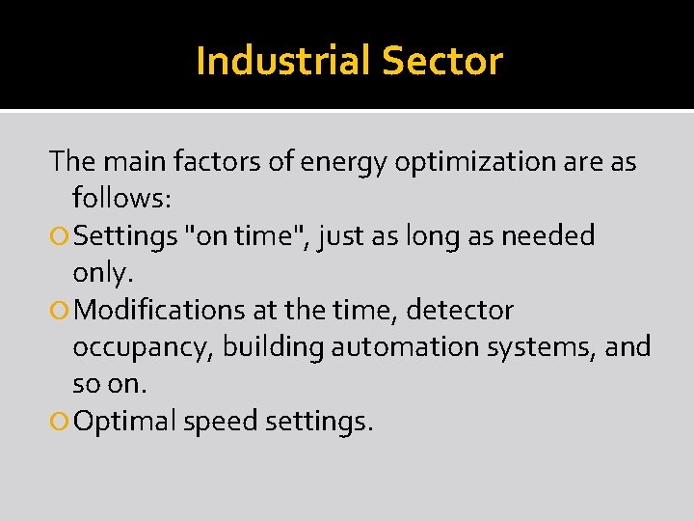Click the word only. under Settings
tap(102, 273)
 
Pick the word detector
tap(461, 311)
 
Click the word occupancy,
tap(144, 347)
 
